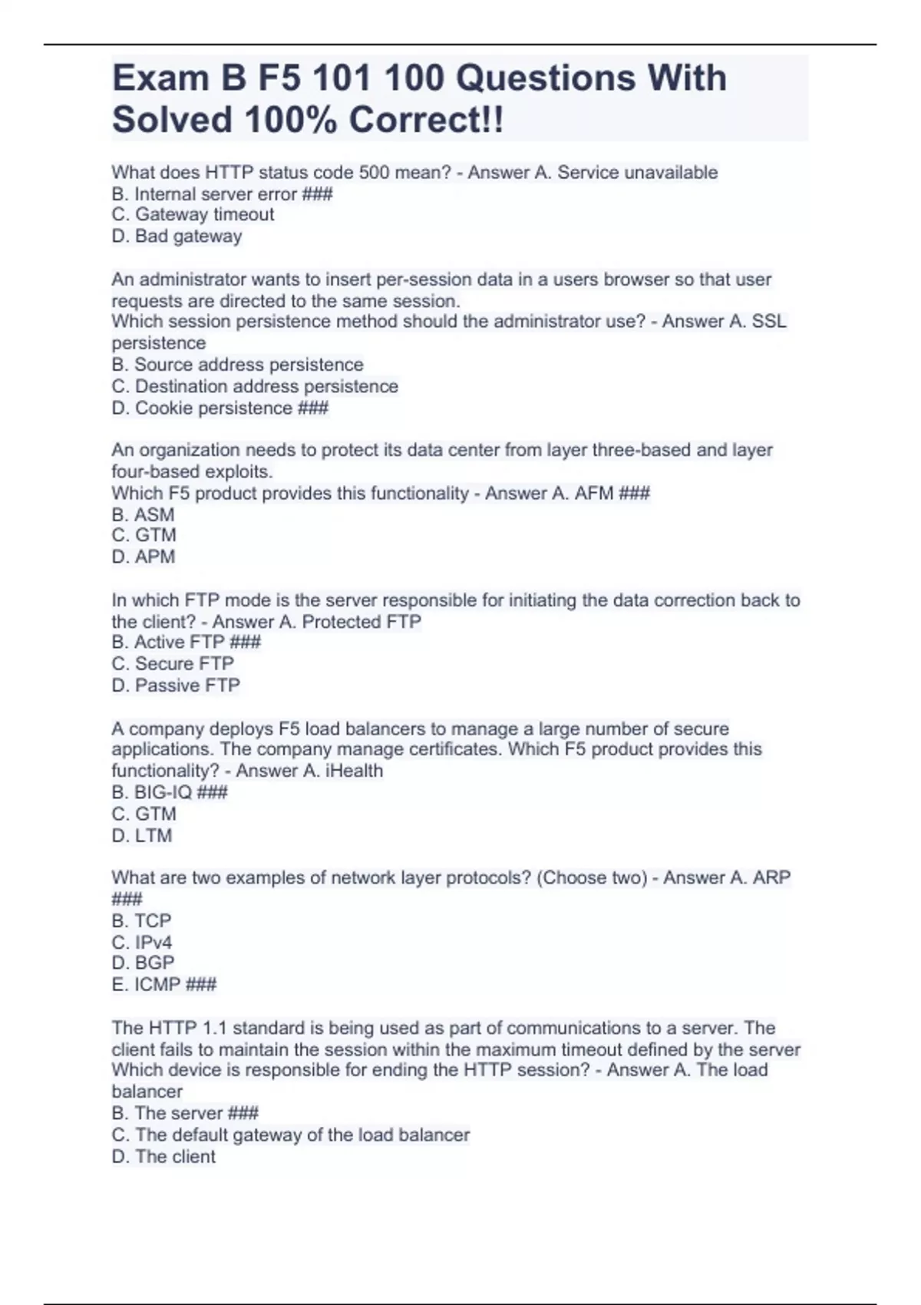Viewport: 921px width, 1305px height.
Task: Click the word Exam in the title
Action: (x=160, y=78)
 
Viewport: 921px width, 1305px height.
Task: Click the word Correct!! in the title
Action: (x=426, y=120)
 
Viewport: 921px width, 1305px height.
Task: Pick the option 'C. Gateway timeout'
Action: (x=193, y=215)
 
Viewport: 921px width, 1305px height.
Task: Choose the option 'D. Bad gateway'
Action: (x=177, y=236)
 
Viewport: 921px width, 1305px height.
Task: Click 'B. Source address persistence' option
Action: (x=237, y=365)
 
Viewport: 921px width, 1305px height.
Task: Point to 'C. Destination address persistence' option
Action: (x=255, y=386)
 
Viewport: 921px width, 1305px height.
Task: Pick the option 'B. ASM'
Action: (x=144, y=515)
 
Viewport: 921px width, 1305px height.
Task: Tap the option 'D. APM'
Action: (x=144, y=557)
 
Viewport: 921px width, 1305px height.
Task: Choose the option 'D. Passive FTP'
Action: (x=176, y=686)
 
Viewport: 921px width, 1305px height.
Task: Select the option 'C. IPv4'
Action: (x=142, y=943)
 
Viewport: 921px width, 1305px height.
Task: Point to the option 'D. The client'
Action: (x=163, y=1157)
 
